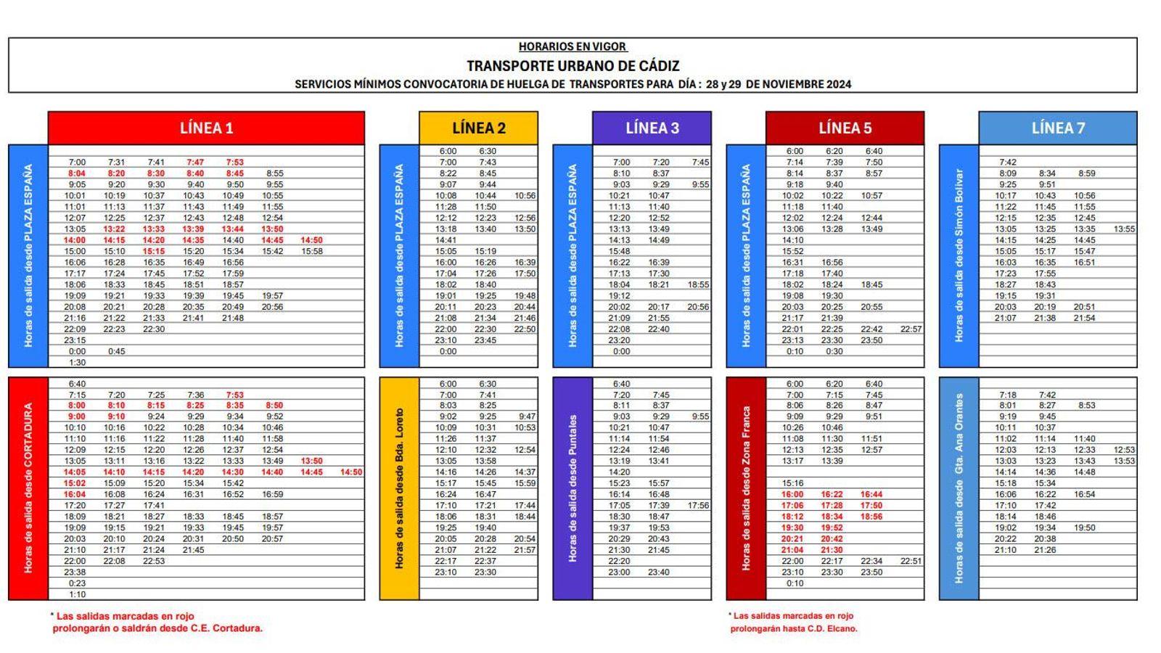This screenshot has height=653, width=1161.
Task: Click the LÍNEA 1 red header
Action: point(206,128)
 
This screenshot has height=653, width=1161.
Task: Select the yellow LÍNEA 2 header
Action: point(478,128)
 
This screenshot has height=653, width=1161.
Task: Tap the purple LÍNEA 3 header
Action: point(652,128)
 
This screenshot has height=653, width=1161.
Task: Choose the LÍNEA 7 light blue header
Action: point(1057,128)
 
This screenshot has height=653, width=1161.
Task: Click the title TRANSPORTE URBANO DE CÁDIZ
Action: point(573,66)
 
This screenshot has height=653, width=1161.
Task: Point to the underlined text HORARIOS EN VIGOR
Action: point(573,46)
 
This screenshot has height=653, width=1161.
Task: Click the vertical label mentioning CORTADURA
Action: point(28,488)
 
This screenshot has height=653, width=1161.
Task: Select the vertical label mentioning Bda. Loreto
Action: point(399,488)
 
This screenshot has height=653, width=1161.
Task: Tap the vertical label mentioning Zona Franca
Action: point(746,488)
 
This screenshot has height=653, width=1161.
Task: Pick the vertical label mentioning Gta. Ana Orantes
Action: point(959,488)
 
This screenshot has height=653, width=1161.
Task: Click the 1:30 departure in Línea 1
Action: point(77,363)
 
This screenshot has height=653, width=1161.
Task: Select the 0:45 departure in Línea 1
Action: point(116,351)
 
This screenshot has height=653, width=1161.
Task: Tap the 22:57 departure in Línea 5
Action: point(911,329)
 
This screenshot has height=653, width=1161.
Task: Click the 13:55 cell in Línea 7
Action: point(1124,229)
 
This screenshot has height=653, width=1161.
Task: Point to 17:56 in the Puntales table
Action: point(698,506)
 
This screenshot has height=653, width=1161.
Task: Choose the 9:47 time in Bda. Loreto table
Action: point(527,416)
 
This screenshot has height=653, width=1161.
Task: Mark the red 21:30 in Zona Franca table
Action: point(832,550)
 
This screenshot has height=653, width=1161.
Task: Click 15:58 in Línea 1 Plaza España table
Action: point(312,252)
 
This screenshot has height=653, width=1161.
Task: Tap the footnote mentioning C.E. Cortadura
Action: point(157,623)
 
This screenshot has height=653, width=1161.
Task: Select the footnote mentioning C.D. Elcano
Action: point(793,623)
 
